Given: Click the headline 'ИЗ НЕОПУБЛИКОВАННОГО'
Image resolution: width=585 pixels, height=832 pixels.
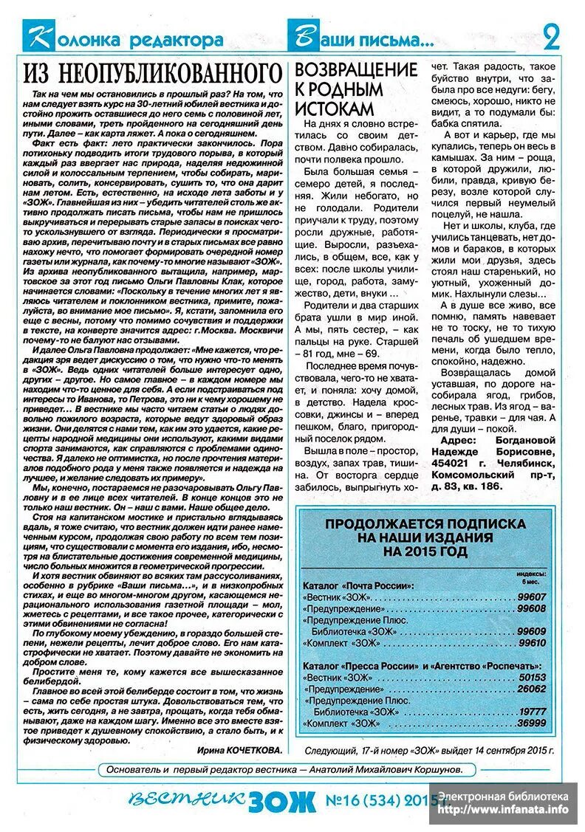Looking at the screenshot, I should (153, 73).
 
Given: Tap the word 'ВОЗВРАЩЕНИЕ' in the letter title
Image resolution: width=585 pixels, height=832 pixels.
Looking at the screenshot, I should (356, 70).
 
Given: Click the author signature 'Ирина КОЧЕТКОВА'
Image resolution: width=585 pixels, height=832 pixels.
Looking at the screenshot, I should (240, 749).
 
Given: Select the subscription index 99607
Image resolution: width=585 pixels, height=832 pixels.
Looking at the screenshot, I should (531, 597).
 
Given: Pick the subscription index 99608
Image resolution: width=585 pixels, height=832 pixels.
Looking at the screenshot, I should (531, 608).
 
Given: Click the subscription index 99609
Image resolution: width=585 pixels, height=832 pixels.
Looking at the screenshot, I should (531, 631).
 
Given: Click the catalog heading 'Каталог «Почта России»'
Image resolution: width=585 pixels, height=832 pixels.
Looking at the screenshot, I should (358, 585).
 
